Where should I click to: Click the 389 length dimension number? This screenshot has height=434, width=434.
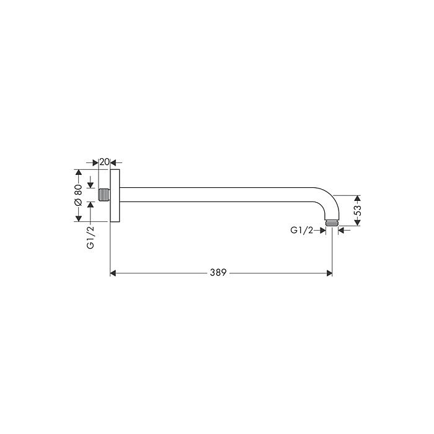click(x=218, y=273)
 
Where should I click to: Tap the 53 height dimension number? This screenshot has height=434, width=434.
click(x=358, y=211)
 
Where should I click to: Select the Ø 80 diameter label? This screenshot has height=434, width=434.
click(x=78, y=195)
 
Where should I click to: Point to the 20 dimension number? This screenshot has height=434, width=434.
click(x=105, y=162)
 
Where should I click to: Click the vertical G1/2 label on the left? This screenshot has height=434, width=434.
click(x=91, y=237)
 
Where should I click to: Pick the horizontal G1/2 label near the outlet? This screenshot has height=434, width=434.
click(x=302, y=230)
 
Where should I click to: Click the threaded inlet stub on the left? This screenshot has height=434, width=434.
click(x=104, y=195)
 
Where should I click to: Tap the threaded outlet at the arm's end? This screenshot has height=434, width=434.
click(x=332, y=223)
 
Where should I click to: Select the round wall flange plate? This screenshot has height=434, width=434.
click(x=115, y=195)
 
